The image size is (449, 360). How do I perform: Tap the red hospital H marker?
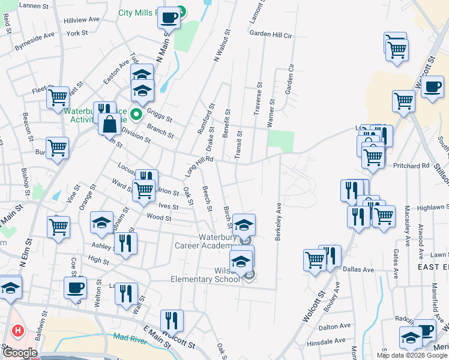[x=18, y=330]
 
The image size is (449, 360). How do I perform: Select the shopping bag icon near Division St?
[x=110, y=125]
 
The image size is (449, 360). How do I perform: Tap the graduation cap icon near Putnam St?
[x=102, y=223]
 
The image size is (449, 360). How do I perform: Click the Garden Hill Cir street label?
[x=271, y=35]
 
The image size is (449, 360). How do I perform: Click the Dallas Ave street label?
[x=358, y=270]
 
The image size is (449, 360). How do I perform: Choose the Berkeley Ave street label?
[x=279, y=221]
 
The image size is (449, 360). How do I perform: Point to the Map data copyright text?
[x=411, y=355]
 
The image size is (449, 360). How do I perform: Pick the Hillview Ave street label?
[x=82, y=19]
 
